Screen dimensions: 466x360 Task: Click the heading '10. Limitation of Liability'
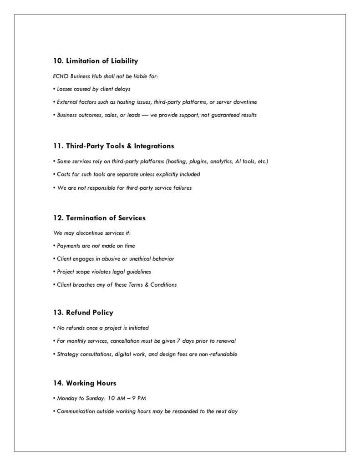click(96, 61)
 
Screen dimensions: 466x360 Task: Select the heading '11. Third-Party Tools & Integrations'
click(113, 146)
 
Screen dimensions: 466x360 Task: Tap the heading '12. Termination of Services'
click(99, 218)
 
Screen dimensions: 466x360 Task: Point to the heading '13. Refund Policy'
click(83, 313)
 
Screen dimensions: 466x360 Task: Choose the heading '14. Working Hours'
click(85, 383)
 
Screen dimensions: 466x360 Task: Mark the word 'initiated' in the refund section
click(138, 328)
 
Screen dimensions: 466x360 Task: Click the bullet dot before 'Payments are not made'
click(54, 246)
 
